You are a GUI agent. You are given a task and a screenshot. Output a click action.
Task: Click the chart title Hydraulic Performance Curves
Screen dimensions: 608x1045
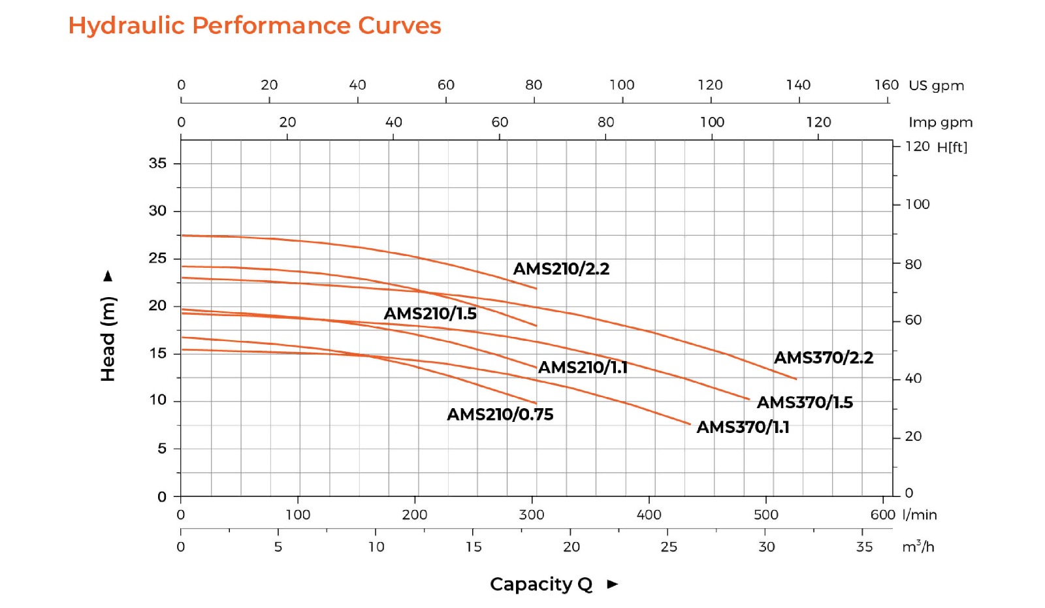pos(255,25)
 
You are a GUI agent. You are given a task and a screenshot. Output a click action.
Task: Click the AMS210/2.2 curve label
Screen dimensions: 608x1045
pos(561,268)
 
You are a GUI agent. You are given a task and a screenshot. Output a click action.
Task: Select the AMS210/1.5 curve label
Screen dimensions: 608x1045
pos(430,313)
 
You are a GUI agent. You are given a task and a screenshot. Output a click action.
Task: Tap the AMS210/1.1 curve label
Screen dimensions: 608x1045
pos(583,367)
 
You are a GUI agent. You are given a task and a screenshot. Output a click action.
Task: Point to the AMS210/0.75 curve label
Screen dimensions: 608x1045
pos(500,414)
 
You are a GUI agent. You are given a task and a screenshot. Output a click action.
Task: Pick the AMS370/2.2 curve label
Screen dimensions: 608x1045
pos(823,357)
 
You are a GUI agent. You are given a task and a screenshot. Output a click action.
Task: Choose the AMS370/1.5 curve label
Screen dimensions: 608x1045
pos(805,402)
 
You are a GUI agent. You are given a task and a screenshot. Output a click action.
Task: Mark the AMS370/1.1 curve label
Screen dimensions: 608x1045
pos(743,427)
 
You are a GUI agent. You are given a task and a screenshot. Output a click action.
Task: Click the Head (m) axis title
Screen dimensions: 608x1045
pos(108,338)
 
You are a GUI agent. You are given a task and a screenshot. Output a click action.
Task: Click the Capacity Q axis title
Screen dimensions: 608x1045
pos(541,584)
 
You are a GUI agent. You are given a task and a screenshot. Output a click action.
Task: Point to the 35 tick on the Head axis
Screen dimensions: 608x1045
pos(157,163)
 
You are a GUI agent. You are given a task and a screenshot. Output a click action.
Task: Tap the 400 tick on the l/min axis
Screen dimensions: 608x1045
pos(649,515)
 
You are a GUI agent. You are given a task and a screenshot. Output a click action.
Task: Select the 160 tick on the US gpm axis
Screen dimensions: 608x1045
pos(886,85)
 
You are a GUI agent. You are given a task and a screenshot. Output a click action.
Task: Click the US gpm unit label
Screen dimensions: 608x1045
pos(936,86)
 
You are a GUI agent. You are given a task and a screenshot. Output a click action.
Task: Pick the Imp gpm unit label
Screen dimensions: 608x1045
pos(940,122)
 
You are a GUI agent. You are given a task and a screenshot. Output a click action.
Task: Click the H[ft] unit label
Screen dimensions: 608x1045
pos(952,147)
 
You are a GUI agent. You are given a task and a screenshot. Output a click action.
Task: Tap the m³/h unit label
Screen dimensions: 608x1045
pos(918,547)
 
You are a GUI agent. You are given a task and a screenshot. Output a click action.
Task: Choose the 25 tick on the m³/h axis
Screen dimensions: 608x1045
pos(668,547)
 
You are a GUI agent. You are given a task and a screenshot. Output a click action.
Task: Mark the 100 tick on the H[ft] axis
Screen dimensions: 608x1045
pos(917,204)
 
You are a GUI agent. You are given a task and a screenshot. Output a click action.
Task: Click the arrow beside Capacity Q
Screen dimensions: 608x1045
pos(612,584)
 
